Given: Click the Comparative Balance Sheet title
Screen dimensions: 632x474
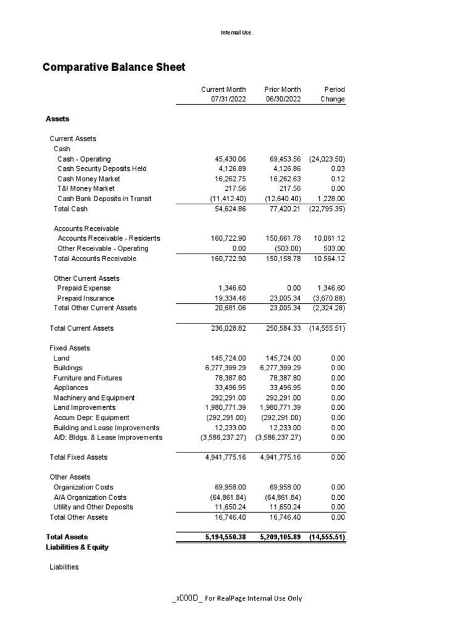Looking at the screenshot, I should (x=114, y=67).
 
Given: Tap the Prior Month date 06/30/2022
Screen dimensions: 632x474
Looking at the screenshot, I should (x=282, y=99).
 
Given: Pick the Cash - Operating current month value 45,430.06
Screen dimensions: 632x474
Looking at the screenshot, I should (x=228, y=159).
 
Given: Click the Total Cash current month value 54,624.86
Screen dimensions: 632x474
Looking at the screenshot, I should (x=228, y=209).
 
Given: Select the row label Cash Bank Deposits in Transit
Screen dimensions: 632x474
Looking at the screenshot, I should (x=104, y=199).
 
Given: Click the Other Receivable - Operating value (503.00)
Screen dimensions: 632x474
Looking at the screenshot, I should (x=287, y=248).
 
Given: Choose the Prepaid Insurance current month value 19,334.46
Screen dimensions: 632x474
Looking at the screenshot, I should (x=228, y=298).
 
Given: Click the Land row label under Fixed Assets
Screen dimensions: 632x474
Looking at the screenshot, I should (x=62, y=358).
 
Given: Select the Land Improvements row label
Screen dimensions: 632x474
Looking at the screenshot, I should (x=85, y=407).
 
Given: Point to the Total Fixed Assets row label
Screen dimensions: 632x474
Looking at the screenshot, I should (x=78, y=457).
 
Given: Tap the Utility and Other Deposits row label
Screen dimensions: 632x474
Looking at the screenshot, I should (x=93, y=507).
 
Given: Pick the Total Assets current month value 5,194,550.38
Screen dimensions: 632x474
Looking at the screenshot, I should (x=225, y=537).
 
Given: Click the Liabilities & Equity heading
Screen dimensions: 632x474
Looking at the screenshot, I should (x=77, y=547).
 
